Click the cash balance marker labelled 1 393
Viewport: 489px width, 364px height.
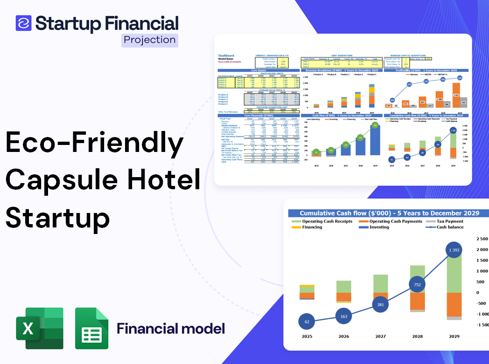click(451, 251)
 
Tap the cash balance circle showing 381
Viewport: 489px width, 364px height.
click(381, 305)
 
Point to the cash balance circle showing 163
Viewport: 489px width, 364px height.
click(344, 316)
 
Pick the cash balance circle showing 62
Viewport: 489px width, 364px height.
click(307, 322)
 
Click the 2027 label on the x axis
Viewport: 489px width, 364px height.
click(380, 336)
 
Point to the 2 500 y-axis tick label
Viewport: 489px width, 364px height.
click(482, 239)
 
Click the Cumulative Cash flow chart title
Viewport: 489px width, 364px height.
click(389, 213)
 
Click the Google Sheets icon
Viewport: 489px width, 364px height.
click(92, 328)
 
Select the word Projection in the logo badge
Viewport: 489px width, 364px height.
click(149, 40)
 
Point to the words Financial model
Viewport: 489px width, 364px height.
click(171, 328)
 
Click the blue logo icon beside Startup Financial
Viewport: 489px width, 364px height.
click(23, 23)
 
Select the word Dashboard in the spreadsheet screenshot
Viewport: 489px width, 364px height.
click(226, 55)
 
